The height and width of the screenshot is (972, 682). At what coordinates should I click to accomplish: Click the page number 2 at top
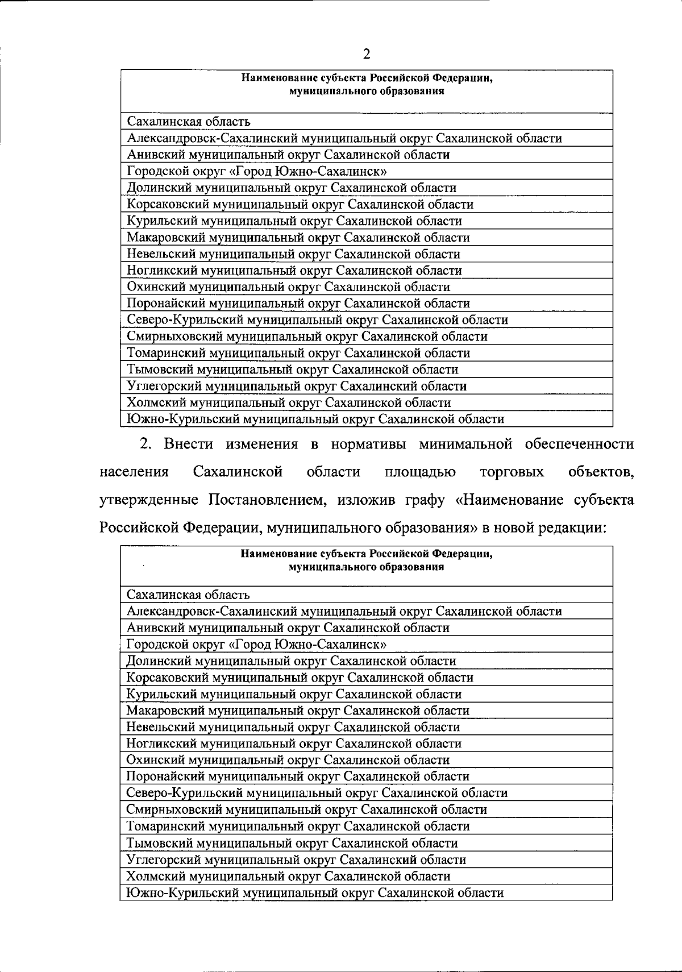point(367,55)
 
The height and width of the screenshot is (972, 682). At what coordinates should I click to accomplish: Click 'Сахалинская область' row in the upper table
point(189,122)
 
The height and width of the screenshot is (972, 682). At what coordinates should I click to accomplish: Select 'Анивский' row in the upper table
point(288,155)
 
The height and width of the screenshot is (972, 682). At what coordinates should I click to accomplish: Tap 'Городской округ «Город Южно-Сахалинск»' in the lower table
point(257,645)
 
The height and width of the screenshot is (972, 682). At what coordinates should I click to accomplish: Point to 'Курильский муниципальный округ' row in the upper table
point(294,221)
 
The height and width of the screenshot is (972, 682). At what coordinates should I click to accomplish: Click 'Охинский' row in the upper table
point(288,287)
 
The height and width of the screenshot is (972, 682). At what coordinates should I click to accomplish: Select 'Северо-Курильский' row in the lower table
point(317,793)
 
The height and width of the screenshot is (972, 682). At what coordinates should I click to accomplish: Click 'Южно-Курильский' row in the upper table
point(315,419)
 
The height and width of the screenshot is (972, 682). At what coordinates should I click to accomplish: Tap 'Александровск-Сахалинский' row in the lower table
point(344,612)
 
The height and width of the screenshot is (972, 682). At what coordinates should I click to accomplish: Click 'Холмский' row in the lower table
point(288,876)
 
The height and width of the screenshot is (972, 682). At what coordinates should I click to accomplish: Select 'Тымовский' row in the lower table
point(292,843)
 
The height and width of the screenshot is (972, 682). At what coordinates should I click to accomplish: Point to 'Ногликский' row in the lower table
point(294,743)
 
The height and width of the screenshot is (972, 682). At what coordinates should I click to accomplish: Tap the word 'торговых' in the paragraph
point(512,472)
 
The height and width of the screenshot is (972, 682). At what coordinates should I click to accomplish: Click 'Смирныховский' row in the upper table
point(307,337)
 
